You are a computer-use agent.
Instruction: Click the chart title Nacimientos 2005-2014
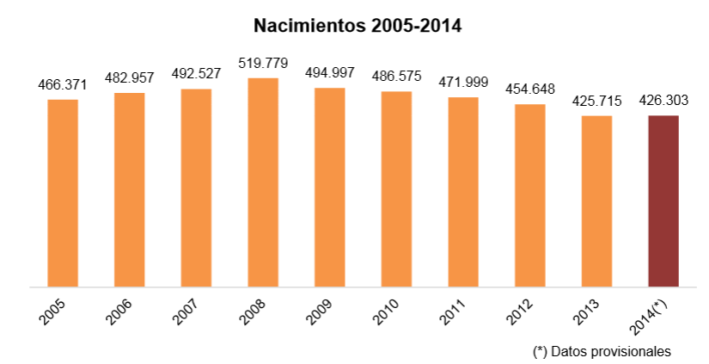point(358,26)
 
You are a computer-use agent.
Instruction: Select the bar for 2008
point(263,182)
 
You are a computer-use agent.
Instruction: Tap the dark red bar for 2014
point(663,201)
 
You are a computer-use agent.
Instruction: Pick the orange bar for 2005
point(63,193)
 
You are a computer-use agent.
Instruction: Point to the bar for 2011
point(463,192)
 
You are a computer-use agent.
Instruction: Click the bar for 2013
point(596,201)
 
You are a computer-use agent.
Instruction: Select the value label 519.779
point(263,63)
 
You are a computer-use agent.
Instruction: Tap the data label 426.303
point(663,101)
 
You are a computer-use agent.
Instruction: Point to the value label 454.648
point(530,89)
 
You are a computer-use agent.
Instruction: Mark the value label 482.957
point(130,77)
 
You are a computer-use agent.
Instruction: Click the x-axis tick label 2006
point(119,312)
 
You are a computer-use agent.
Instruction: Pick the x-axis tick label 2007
point(186,312)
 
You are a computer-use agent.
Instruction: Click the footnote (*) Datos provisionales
point(602,351)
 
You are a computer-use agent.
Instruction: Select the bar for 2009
point(330,187)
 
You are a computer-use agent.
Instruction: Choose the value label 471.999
point(463,83)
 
